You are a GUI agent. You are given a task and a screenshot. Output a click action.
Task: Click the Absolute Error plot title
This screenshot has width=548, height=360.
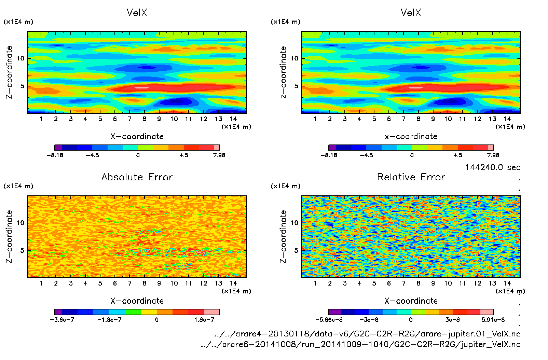coord(137,177)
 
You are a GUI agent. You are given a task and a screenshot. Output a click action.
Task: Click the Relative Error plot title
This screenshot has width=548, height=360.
coord(411,177)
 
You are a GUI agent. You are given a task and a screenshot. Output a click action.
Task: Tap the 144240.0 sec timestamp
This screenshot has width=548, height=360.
coord(493,167)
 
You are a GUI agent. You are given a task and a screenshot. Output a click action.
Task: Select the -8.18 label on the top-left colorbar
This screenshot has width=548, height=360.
coord(55,155)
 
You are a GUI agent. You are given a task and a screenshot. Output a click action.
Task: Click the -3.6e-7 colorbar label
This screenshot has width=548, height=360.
coord(62,320)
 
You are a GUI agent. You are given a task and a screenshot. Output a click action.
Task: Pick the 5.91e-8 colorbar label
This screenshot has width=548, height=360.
coord(493,320)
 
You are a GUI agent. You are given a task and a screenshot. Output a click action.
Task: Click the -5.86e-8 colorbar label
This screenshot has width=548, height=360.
coord(329,320)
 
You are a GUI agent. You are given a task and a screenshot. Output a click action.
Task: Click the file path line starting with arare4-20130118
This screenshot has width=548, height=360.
coord(367,334)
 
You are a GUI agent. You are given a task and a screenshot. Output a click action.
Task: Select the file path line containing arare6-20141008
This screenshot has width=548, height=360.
coord(361,344)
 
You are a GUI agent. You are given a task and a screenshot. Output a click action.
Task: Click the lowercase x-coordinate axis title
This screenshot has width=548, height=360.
coord(411,136)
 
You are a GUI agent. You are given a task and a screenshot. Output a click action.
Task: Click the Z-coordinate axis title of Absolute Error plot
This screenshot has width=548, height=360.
coord(9,236)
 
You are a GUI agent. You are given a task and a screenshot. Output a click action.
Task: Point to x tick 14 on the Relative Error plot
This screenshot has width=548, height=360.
coord(507,283)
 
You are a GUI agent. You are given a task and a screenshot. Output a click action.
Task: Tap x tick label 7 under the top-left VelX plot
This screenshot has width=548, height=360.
coord(129,119)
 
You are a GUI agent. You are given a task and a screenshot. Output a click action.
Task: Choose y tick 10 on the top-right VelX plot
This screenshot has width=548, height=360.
coord(294,58)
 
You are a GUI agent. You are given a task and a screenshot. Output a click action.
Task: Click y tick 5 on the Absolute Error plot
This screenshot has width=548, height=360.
coord(22,250)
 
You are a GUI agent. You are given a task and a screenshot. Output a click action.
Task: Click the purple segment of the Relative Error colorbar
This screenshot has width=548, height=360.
coord(334,312)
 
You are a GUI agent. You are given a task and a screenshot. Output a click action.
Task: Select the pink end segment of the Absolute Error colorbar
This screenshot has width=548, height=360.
coord(211,312)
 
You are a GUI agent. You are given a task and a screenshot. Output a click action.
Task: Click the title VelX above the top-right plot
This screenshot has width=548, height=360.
coord(411,13)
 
